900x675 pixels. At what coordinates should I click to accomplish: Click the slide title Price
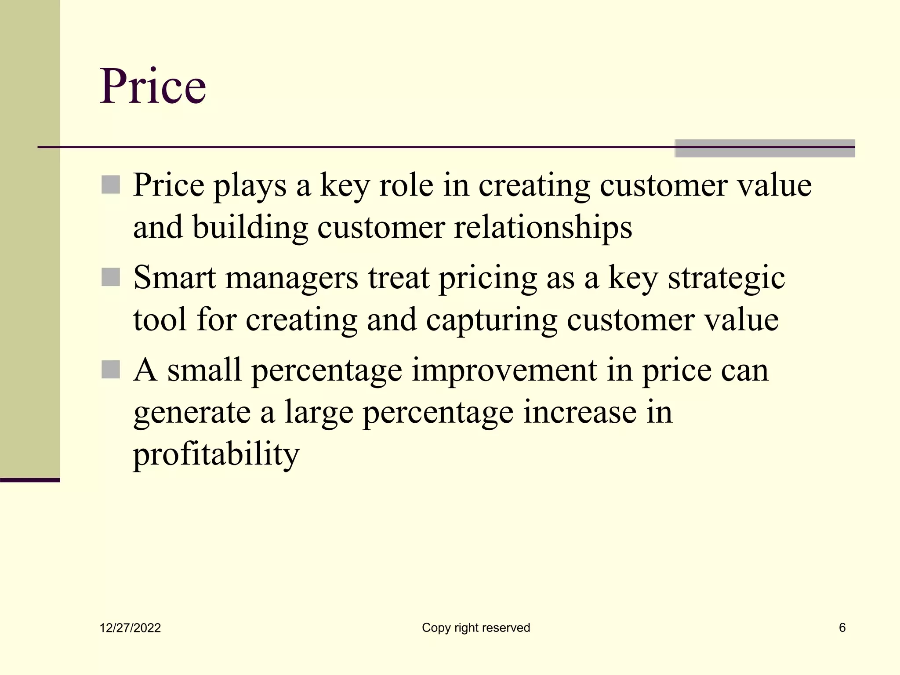point(153,86)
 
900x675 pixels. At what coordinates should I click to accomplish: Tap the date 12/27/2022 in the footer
point(130,628)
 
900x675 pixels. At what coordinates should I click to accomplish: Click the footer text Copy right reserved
point(476,628)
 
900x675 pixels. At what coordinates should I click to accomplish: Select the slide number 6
point(842,628)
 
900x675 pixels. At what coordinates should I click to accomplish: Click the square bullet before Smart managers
point(110,277)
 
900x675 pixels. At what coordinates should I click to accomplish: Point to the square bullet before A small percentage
point(110,370)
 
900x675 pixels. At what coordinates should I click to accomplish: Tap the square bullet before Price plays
point(110,185)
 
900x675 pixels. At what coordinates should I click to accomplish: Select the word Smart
point(174,278)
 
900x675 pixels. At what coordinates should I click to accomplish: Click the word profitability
point(216,454)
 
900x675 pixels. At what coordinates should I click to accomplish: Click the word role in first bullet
point(406,185)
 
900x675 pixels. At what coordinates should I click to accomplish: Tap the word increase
point(579,412)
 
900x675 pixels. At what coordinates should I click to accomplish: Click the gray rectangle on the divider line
point(765,149)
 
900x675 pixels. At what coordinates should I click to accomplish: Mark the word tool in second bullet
point(160,319)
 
